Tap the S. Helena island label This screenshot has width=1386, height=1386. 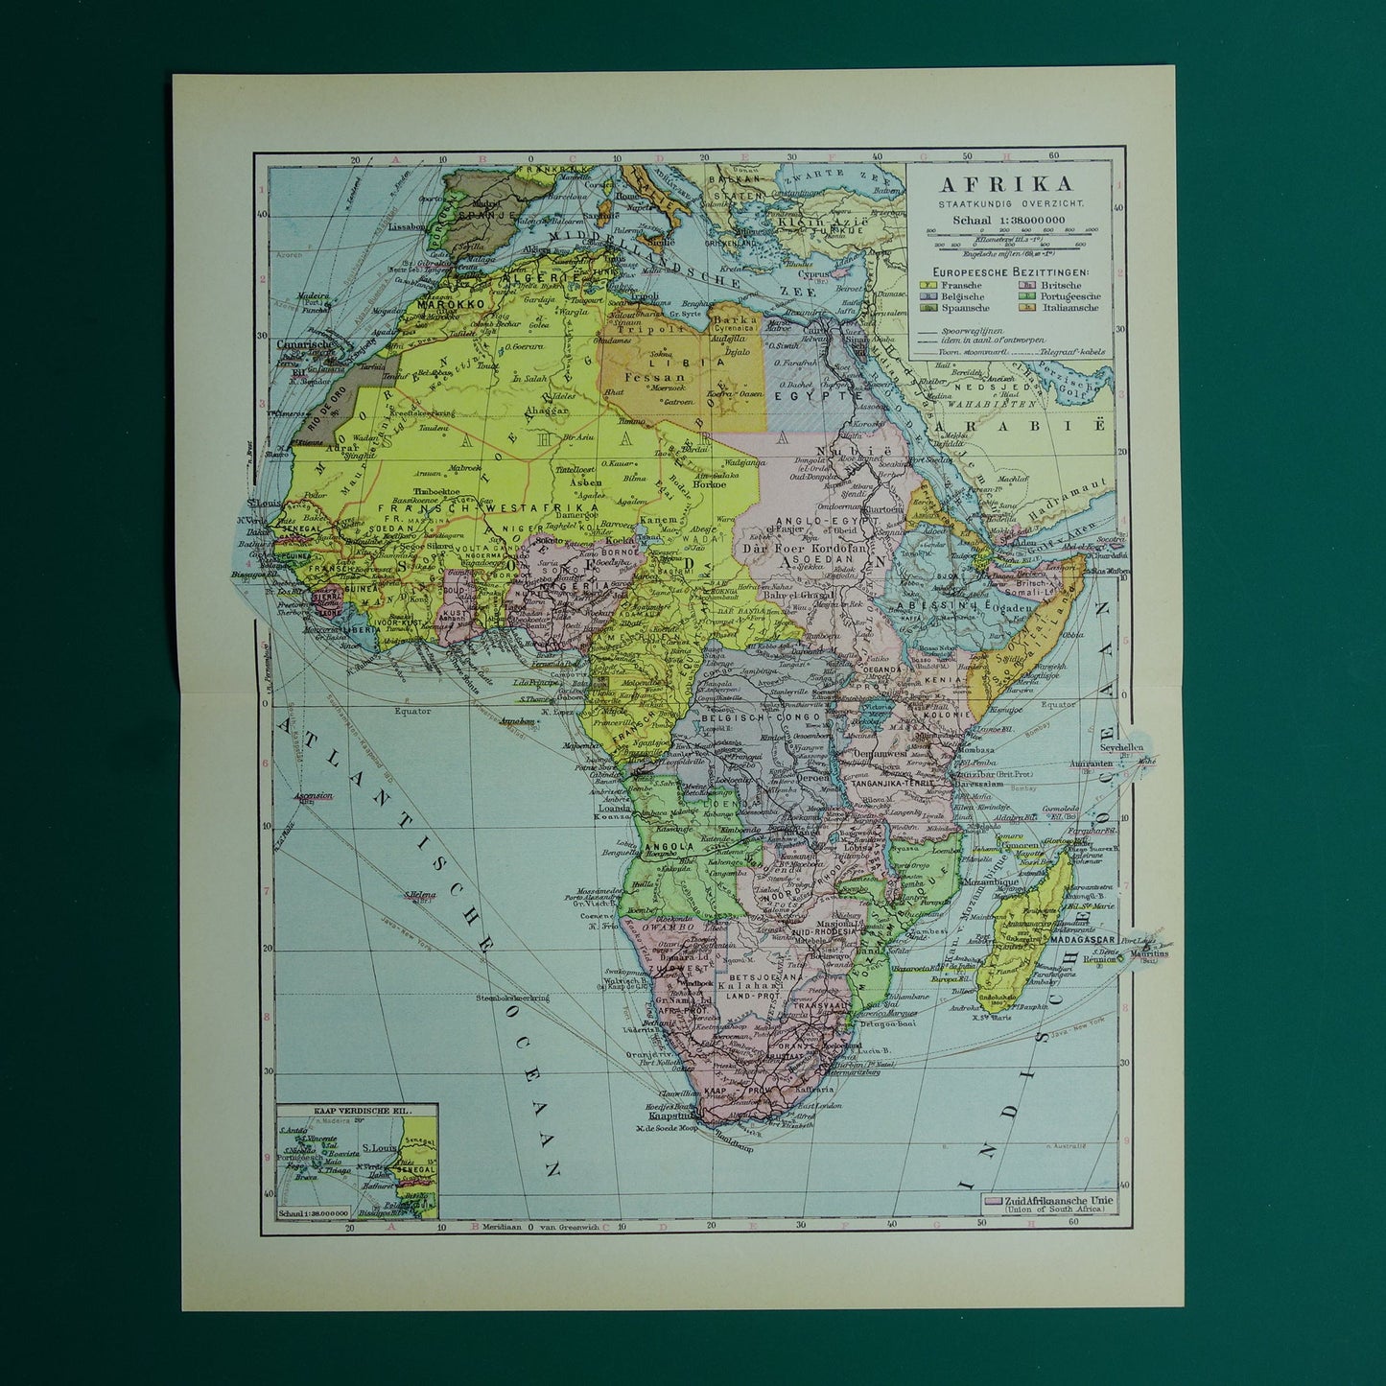point(418,897)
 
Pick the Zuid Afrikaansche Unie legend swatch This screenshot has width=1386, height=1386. point(991,1200)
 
